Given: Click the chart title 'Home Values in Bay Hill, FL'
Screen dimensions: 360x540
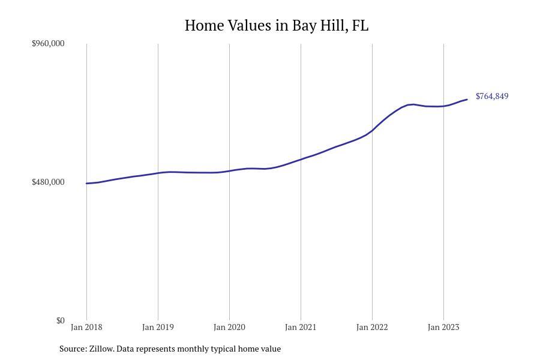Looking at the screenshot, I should point(276,25).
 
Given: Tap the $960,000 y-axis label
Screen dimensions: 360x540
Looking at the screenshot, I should point(48,43).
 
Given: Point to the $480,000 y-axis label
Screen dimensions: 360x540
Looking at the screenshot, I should point(48,182).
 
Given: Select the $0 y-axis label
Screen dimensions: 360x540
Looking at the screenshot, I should point(60,320).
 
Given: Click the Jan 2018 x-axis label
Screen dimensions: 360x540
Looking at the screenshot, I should point(86,327).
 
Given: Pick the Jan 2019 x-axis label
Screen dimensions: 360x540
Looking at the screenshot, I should point(158,327).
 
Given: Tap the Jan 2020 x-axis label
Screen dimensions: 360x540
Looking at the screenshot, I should point(229,327).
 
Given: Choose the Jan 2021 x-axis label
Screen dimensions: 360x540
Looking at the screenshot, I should point(301,327).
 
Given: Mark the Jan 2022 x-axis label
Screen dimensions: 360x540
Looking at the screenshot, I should point(372,327).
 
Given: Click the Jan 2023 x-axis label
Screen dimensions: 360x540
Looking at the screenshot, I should point(443,327).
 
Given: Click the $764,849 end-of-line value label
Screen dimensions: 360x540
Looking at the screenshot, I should point(492,96).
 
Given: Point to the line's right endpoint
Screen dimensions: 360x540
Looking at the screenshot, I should point(467,100).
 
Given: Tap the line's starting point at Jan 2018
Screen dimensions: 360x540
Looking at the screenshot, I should point(86,184).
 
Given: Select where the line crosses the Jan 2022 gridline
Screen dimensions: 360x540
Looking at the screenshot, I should point(372,130).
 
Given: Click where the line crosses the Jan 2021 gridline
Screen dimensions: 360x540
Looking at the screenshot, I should point(301,160).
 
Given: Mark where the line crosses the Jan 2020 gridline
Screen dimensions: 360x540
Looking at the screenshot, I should point(229,171).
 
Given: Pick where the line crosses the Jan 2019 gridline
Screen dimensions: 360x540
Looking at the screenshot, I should point(158,173).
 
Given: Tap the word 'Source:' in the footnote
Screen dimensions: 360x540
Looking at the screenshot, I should point(73,349).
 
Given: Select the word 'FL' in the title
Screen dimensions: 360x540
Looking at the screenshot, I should point(361,25).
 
